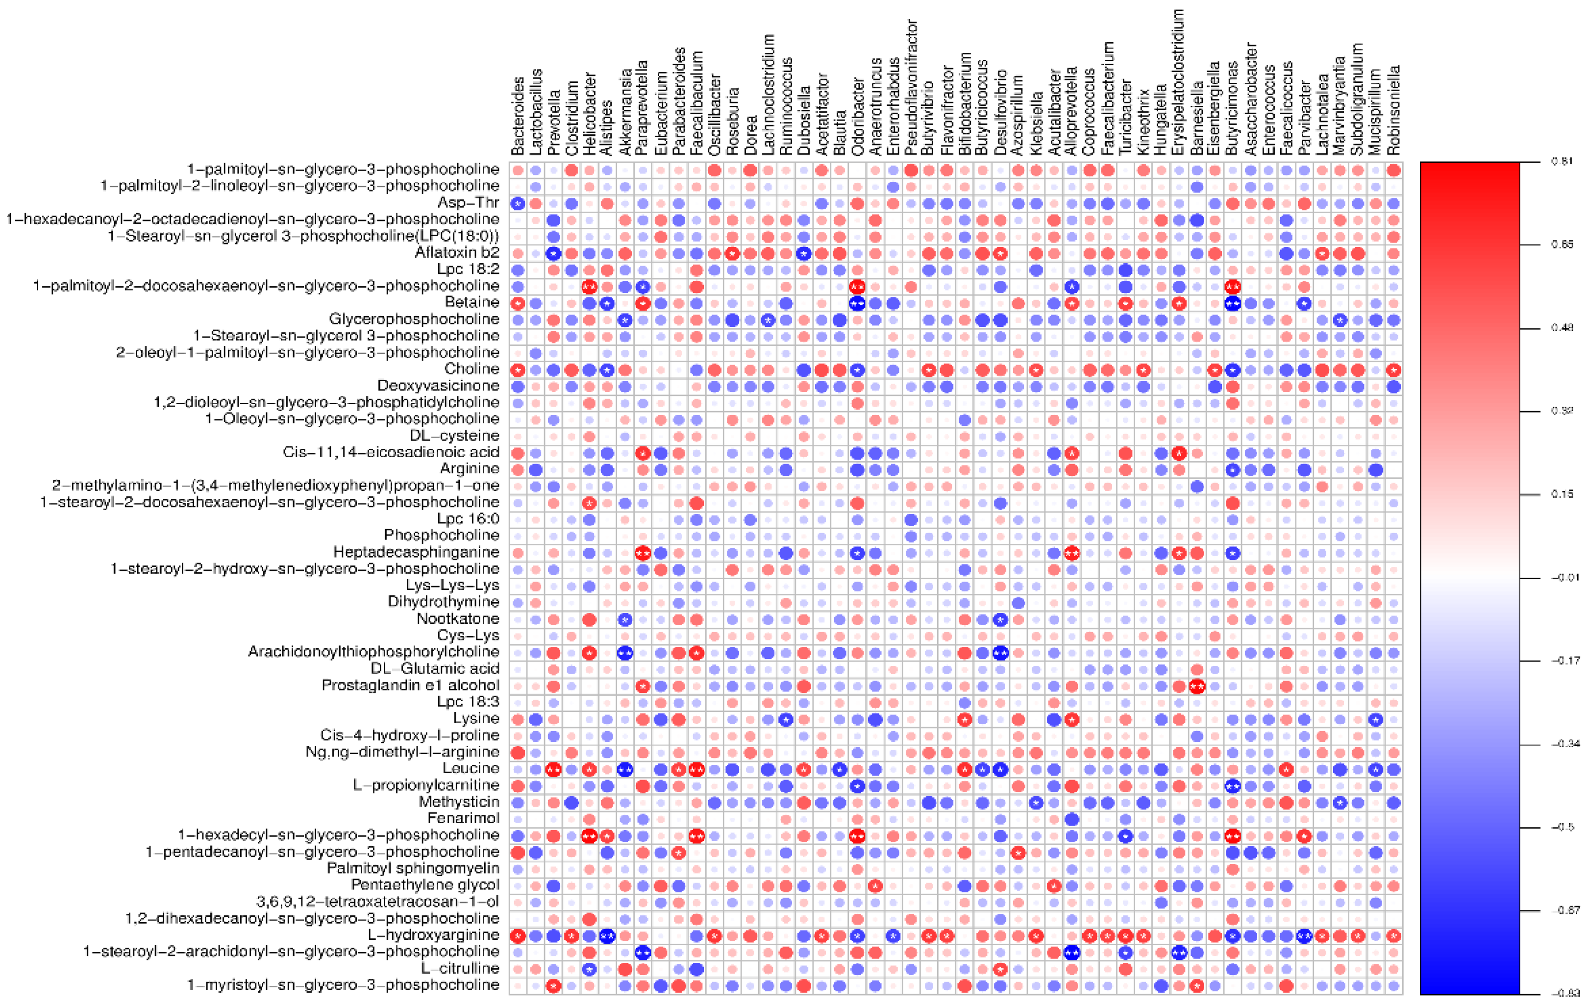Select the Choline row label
(x=471, y=368)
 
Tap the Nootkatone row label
(x=458, y=618)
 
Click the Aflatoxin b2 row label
(x=457, y=252)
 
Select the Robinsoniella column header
(x=1393, y=109)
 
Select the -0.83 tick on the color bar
(x=1563, y=993)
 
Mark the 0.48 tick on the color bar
(x=1563, y=328)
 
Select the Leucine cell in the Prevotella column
(x=554, y=769)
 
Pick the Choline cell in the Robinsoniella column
(x=1393, y=370)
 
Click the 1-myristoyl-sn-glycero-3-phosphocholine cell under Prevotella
(x=554, y=986)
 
